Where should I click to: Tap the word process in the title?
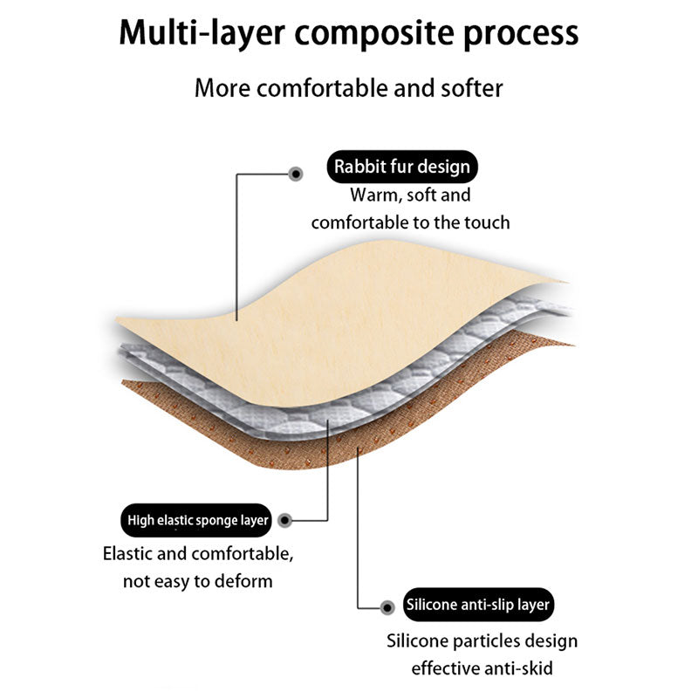[x=519, y=33]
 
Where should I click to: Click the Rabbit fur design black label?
[x=401, y=166]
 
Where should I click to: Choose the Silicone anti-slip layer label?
[x=478, y=605]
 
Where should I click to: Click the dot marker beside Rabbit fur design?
[x=296, y=174]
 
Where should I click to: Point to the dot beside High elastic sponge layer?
[x=284, y=521]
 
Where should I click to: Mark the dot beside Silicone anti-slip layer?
[x=387, y=606]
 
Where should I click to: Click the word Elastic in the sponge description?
[x=131, y=553]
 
